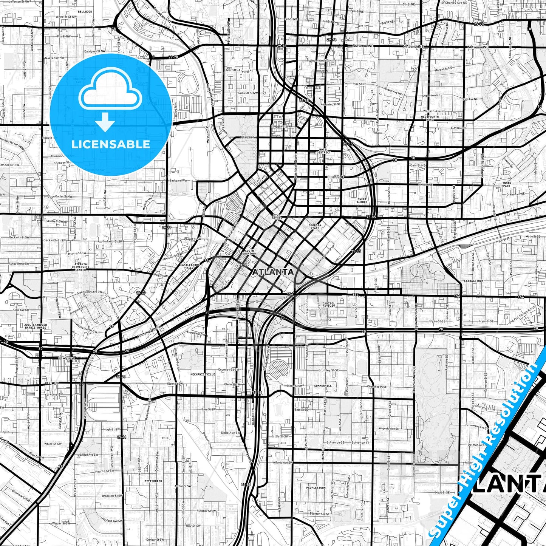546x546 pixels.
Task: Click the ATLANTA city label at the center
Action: coord(273,272)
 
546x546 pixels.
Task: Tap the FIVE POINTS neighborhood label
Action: coord(277,217)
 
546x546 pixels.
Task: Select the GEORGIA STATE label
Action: coord(315,227)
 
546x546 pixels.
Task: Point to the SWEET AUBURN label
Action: coord(362,201)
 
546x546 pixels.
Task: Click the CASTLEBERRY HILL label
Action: coord(190,266)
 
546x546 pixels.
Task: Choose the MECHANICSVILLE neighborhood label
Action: coord(203,374)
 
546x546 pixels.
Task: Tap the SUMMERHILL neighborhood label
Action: coord(323,386)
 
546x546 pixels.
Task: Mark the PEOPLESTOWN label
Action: coord(316,488)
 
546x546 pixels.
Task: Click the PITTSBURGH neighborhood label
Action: coord(153,481)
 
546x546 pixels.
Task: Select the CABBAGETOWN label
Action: coord(474,281)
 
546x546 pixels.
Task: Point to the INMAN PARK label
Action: coord(506,185)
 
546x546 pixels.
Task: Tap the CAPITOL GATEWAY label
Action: coord(329,305)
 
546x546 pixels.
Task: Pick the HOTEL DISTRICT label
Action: coord(325,151)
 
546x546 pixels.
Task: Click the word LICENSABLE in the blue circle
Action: coord(110,144)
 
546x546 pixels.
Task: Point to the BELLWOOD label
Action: coord(85,12)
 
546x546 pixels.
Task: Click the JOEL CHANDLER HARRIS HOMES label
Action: coord(35,326)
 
